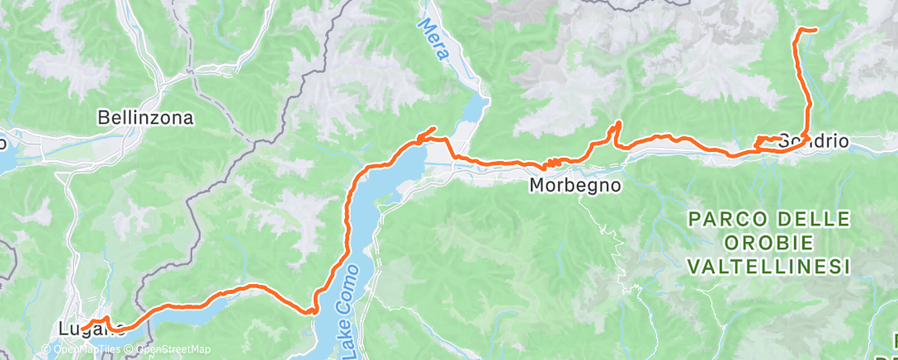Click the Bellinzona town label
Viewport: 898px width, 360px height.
(145, 118)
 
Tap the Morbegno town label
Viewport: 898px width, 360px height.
(575, 186)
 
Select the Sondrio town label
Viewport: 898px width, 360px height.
(814, 140)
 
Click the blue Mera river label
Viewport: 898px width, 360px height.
(435, 42)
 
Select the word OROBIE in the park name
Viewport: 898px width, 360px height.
(768, 244)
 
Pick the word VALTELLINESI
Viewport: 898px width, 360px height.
(768, 267)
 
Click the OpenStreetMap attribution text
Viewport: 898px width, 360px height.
(173, 350)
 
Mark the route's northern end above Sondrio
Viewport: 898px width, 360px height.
(815, 30)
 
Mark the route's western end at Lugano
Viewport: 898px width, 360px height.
(84, 324)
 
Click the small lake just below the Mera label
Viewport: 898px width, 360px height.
(477, 107)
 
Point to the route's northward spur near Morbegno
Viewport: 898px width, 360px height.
(615, 125)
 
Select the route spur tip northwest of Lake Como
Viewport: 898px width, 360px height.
(433, 127)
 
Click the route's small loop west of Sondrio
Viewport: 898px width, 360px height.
(763, 143)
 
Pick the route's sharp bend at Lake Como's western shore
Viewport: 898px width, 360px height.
(312, 310)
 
